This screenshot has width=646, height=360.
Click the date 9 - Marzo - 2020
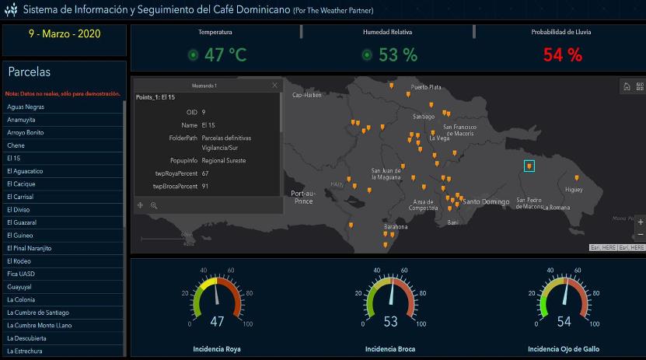64,35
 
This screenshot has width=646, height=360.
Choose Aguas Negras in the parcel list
25,107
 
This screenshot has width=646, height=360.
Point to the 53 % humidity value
398,54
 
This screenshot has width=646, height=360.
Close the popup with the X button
274,85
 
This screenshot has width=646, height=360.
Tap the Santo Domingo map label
486,201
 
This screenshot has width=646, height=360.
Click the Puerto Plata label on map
426,87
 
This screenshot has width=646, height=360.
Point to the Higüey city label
574,189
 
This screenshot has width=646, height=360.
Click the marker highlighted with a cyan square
529,166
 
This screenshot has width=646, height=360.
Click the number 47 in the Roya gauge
217,322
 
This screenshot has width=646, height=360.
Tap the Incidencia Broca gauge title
389,349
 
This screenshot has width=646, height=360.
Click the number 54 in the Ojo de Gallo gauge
564,322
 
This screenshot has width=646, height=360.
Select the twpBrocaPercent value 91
204,187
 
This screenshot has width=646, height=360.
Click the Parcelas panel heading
30,72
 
